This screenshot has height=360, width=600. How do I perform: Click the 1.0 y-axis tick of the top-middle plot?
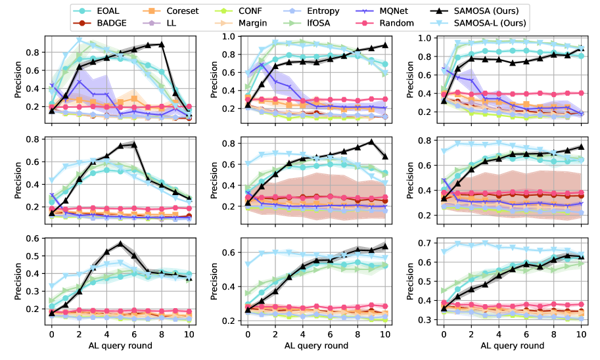click(x=230, y=37)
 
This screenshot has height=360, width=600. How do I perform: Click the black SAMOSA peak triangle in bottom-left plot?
click(x=120, y=243)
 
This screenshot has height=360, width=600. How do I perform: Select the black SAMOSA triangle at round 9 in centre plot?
click(x=371, y=141)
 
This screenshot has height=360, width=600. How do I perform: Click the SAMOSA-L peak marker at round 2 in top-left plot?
click(x=79, y=40)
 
